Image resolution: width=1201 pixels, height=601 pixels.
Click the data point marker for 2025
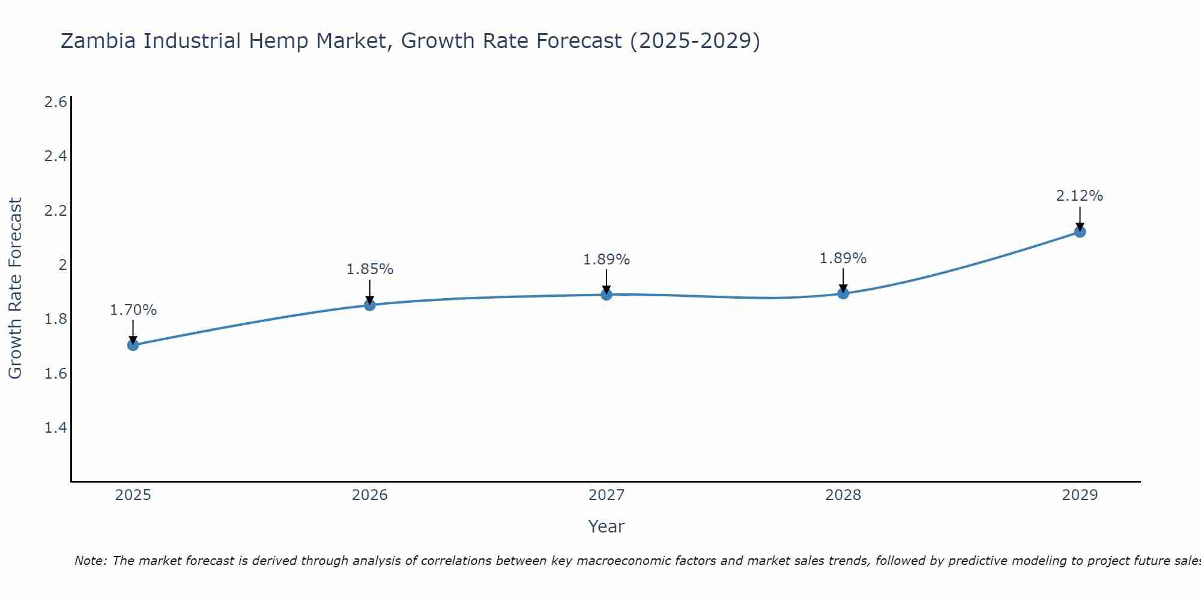coord(133,345)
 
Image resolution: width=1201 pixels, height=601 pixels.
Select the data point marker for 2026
coord(370,305)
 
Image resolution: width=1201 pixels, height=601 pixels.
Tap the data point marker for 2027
coord(607,294)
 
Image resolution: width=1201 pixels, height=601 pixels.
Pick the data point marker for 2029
coord(1080,232)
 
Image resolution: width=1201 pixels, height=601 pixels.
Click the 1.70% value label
coord(133,310)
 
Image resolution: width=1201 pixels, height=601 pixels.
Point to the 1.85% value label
coord(370,269)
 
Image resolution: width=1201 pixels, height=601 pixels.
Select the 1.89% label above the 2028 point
coord(843,258)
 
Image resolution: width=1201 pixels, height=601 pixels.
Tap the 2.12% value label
coord(1080,196)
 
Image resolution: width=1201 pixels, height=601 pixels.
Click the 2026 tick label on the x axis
coord(370,495)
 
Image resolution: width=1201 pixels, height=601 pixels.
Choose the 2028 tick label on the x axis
coord(843,495)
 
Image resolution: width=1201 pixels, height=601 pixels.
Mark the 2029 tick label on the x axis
coord(1080,495)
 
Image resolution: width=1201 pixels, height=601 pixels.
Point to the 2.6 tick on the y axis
coord(56,102)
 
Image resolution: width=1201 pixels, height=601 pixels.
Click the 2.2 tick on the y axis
coord(56,211)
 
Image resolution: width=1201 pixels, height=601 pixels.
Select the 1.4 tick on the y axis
coord(56,428)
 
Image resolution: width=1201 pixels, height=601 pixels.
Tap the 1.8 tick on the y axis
coord(56,319)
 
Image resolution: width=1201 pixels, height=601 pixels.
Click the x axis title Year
coord(607,526)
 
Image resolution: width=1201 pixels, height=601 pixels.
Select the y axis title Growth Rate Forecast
coord(15,288)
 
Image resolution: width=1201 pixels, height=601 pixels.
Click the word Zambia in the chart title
coord(98,41)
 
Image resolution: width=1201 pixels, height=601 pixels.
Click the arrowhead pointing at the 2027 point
coord(607,290)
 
